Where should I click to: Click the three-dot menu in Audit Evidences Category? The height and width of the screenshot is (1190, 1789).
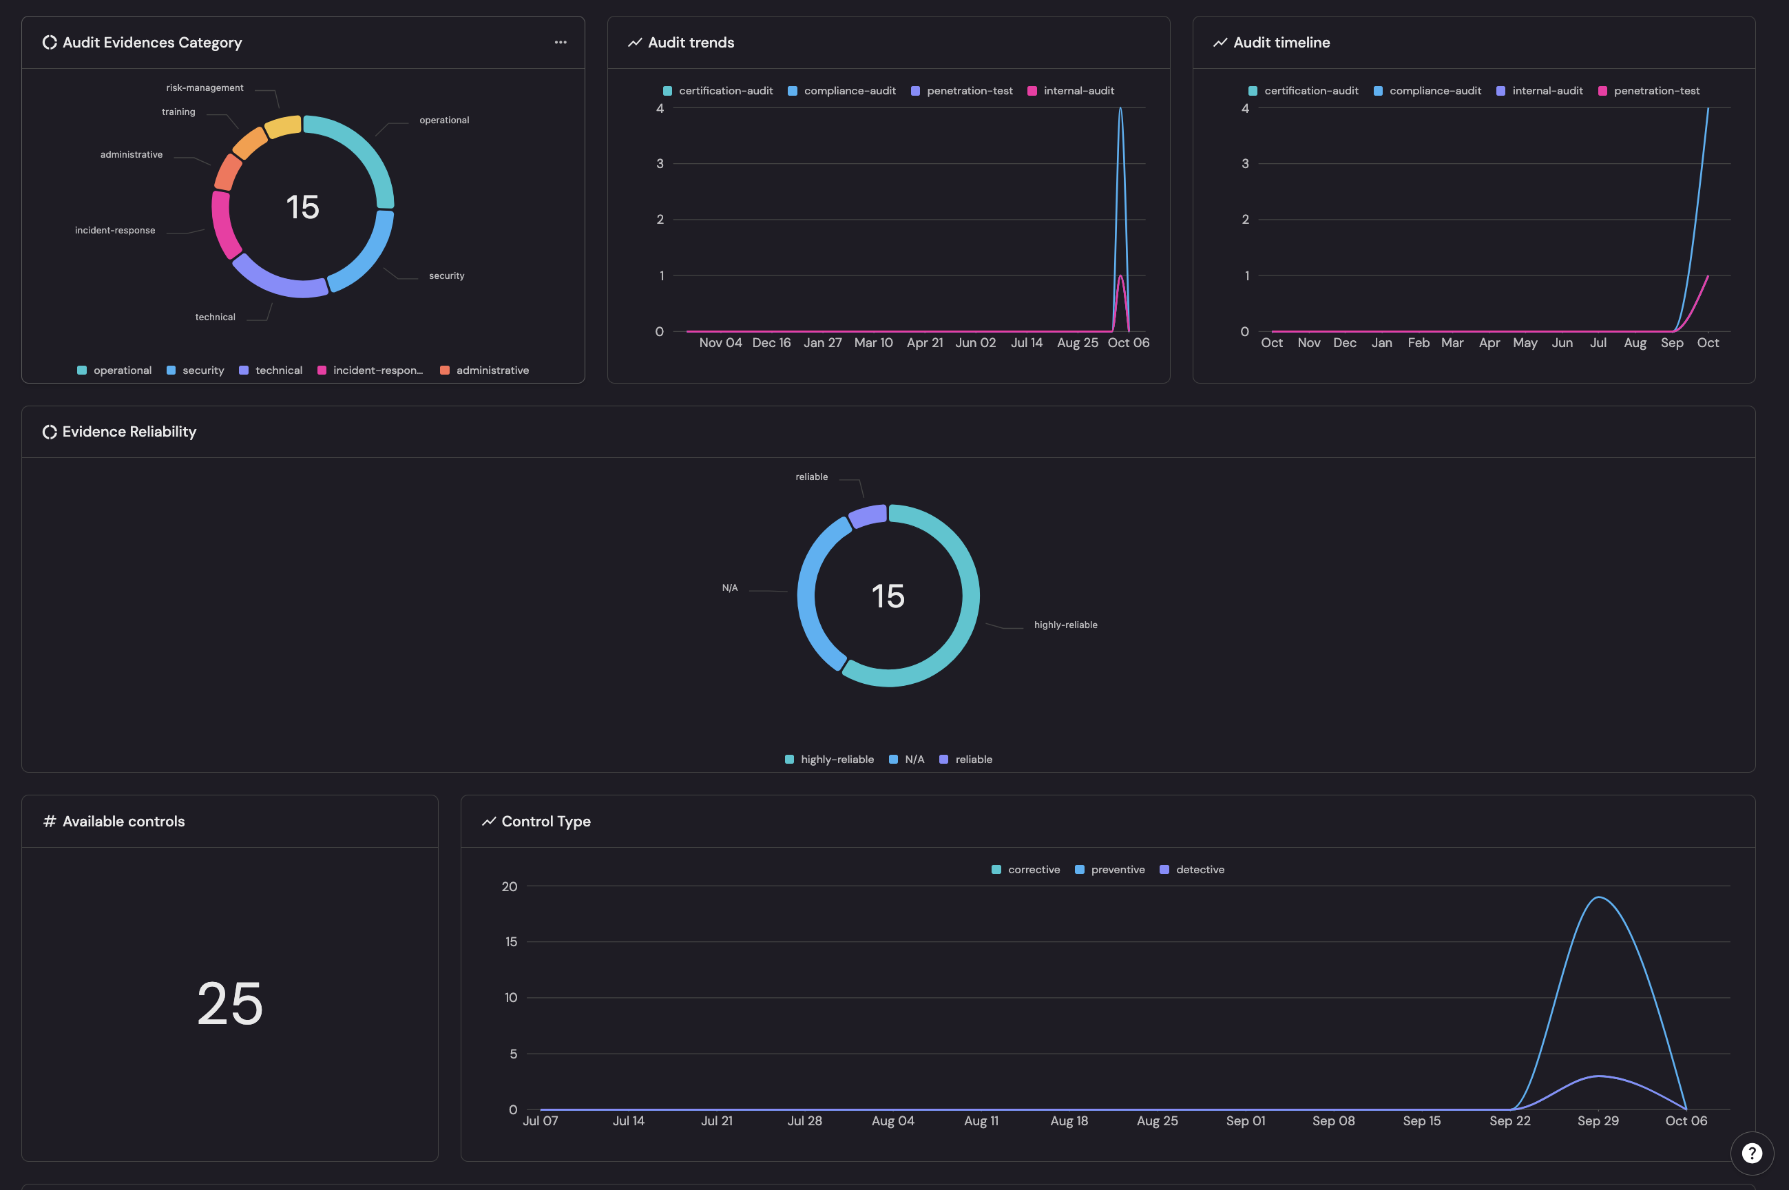[560, 43]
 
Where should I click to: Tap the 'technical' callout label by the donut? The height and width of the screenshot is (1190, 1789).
[215, 317]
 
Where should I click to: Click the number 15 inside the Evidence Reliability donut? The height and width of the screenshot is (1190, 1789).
[888, 596]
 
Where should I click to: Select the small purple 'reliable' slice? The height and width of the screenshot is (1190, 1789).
[868, 516]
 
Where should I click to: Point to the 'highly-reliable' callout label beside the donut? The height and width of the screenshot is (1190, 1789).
[1065, 625]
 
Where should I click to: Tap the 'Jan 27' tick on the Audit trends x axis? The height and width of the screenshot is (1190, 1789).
[822, 343]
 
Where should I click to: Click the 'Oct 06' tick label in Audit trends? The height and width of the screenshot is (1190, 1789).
[1128, 343]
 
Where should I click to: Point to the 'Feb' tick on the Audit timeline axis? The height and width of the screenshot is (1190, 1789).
[1418, 343]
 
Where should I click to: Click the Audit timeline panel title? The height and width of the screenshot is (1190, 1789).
[1281, 43]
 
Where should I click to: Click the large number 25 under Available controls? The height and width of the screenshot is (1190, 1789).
[230, 1003]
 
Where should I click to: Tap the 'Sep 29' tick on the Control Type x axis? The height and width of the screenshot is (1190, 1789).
[1598, 1121]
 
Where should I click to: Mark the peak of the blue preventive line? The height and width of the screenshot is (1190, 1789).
[1598, 898]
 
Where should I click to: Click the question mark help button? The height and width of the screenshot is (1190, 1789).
[1751, 1154]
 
